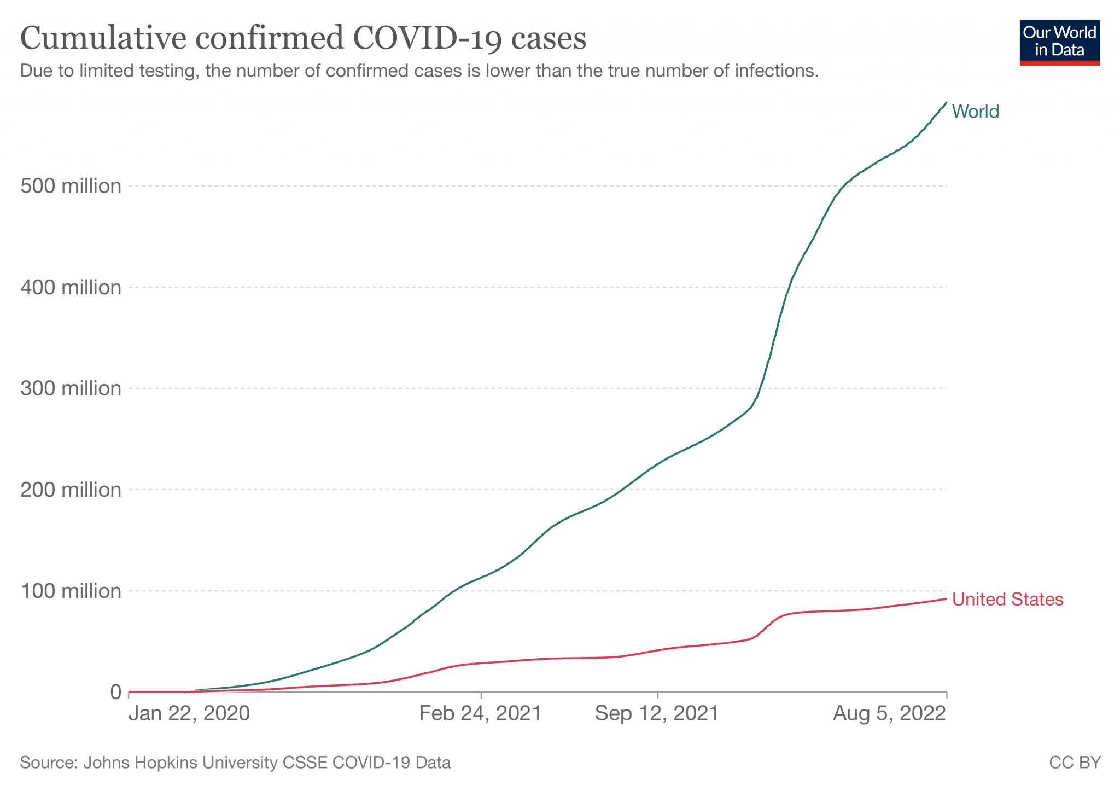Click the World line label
[x=975, y=112]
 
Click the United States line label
[x=1007, y=600]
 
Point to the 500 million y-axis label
[x=71, y=187]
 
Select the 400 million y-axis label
[x=71, y=288]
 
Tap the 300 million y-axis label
[x=71, y=389]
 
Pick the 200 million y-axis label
[x=71, y=490]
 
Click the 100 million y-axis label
[x=71, y=591]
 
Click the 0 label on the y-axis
[x=115, y=693]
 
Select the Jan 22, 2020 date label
[x=189, y=714]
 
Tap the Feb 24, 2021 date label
[x=480, y=714]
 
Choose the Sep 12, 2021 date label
[x=657, y=714]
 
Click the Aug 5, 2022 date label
[x=889, y=714]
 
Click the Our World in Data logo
[x=1059, y=43]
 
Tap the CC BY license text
[x=1075, y=763]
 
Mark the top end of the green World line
[x=946, y=103]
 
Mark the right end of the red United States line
[x=946, y=599]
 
